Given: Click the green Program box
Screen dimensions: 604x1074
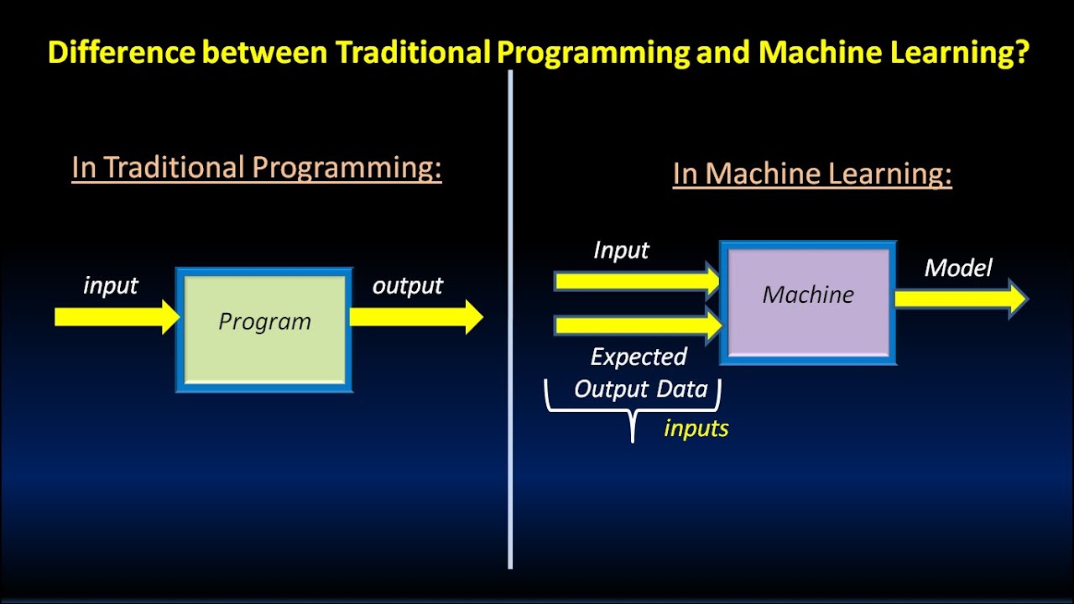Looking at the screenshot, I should click(264, 330).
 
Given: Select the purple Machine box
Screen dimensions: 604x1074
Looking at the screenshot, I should click(808, 303).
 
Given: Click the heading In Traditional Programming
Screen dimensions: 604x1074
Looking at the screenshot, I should click(256, 168).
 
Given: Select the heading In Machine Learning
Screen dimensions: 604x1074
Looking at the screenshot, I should click(812, 174).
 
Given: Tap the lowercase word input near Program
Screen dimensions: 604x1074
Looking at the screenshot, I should click(111, 286).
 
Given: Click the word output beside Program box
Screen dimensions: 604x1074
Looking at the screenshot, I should click(408, 286).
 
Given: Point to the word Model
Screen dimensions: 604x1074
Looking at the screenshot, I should click(958, 268).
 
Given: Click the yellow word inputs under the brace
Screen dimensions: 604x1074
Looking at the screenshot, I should click(696, 429).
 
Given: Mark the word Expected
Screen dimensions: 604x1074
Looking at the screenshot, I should click(639, 357).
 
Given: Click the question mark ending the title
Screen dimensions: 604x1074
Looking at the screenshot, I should click(1021, 53).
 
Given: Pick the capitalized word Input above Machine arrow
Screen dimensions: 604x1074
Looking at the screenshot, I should click(621, 251).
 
